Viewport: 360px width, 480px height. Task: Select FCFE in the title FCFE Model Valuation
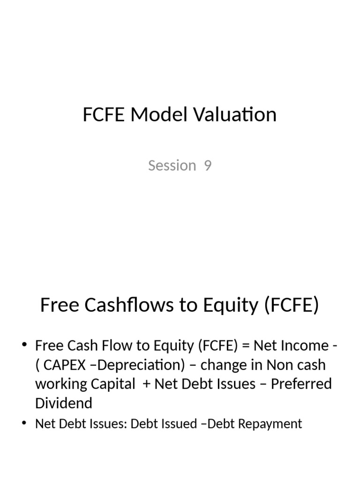tap(104, 114)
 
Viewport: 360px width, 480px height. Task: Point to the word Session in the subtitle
tap(172, 165)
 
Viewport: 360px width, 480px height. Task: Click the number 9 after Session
tap(208, 165)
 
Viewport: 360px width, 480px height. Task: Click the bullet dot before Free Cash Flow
tap(25, 346)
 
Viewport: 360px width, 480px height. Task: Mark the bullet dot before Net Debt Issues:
tap(25, 424)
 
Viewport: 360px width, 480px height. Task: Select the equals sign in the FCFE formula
tap(247, 346)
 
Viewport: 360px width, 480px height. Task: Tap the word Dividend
tap(64, 403)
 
